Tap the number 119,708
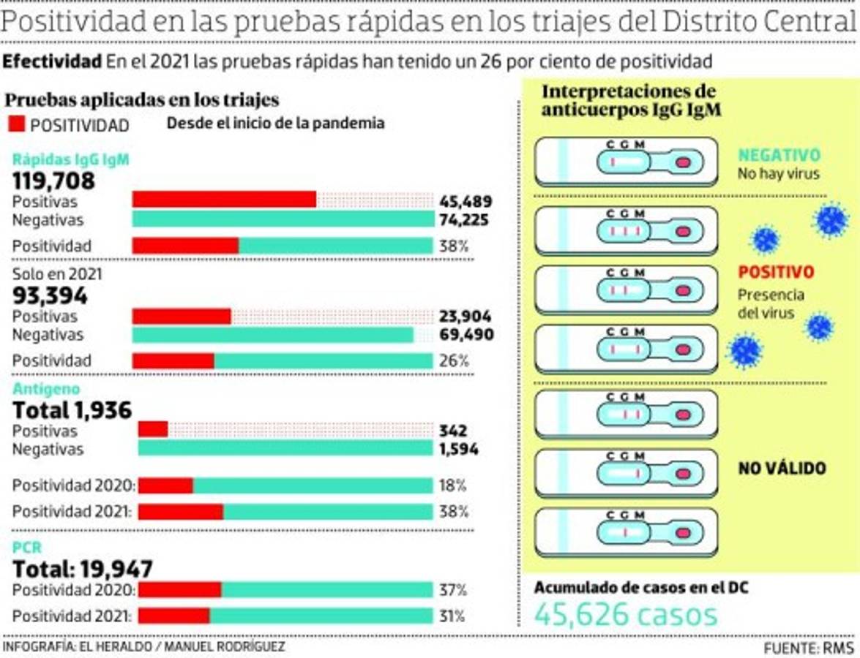coord(54,181)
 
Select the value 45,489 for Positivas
coord(465,202)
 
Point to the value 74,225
coord(465,220)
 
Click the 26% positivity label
coord(454,360)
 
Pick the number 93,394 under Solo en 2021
coord(51,296)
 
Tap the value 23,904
coord(465,317)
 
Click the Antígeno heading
coord(46,389)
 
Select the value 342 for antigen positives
coord(453,431)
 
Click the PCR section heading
coord(27,547)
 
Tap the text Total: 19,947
coord(83,568)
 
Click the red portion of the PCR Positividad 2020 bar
coord(179,590)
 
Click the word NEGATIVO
coord(779,155)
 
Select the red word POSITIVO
coord(776,272)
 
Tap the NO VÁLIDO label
coord(782,468)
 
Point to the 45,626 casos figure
coord(626,614)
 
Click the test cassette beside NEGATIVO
coord(627,160)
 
